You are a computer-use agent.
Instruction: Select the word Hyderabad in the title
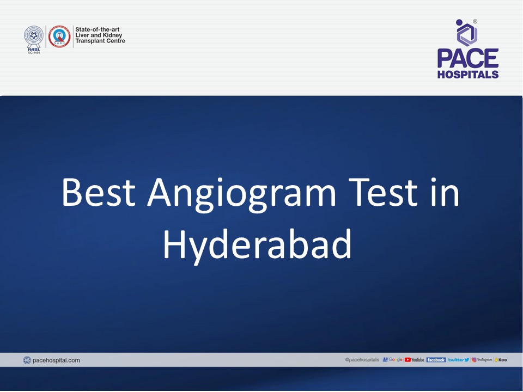(x=257, y=244)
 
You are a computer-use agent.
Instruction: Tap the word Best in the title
(x=99, y=193)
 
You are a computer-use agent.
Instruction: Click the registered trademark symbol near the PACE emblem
(x=475, y=22)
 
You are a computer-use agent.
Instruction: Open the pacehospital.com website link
(x=57, y=360)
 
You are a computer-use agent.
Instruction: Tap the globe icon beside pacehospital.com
(x=27, y=360)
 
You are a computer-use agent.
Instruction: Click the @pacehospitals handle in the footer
(x=362, y=360)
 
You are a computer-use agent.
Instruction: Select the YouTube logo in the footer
(x=414, y=360)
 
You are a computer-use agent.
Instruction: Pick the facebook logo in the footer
(x=436, y=360)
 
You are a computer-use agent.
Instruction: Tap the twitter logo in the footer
(x=458, y=360)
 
